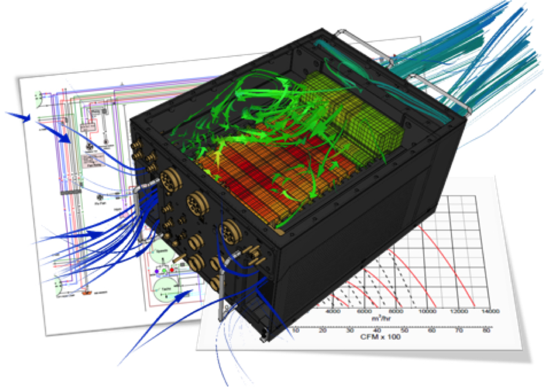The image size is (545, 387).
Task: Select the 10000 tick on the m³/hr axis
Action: tap(426, 311)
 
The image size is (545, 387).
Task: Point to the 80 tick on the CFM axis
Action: tap(486, 330)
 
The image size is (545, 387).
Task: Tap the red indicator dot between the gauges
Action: tap(172, 270)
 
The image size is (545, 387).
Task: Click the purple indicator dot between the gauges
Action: tap(156, 271)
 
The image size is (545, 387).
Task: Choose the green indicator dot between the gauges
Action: tap(164, 271)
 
